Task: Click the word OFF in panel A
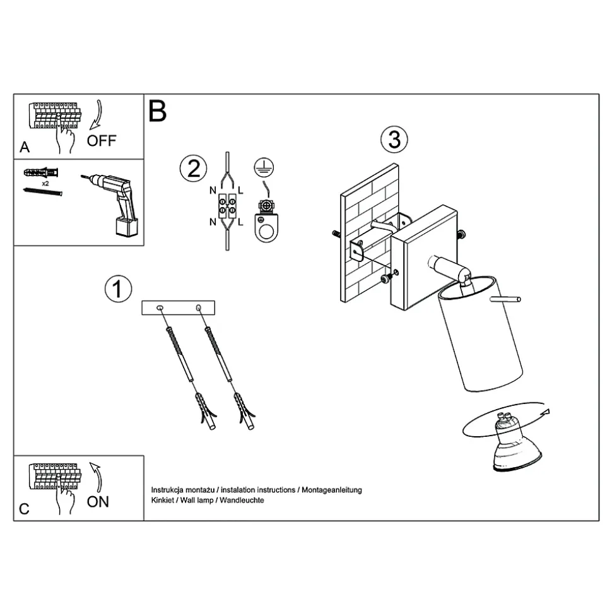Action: (102, 141)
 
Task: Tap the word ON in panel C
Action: (98, 502)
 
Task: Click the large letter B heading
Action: (158, 111)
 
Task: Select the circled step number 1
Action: (118, 289)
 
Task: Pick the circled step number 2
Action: (194, 169)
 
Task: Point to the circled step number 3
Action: (394, 140)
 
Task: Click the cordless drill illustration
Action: (112, 205)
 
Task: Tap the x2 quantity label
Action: (45, 183)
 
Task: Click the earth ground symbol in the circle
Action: (264, 168)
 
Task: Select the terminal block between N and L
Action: (227, 206)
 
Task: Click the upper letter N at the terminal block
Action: (213, 191)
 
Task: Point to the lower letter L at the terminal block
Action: (240, 222)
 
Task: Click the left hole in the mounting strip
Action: (160, 308)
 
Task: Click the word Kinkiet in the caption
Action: (163, 500)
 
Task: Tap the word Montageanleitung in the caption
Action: (332, 490)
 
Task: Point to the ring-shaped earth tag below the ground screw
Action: (266, 227)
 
